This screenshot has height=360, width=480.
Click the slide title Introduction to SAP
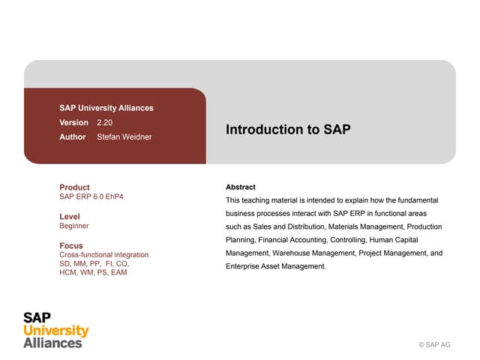pyautogui.click(x=288, y=129)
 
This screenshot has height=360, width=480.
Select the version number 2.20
pyautogui.click(x=105, y=122)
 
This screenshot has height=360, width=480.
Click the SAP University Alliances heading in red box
pyautogui.click(x=106, y=108)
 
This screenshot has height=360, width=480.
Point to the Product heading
pyautogui.click(x=74, y=187)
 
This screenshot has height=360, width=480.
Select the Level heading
pyautogui.click(x=70, y=217)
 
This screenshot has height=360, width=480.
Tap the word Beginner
pyautogui.click(x=74, y=226)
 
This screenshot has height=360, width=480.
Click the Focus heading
pyautogui.click(x=71, y=245)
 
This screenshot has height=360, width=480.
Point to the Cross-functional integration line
pyautogui.click(x=103, y=255)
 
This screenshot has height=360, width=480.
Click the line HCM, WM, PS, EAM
pyautogui.click(x=93, y=272)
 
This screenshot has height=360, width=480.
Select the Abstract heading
pyautogui.click(x=241, y=187)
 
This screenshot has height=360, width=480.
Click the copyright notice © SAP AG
pyautogui.click(x=434, y=345)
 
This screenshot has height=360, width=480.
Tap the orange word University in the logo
pyautogui.click(x=56, y=331)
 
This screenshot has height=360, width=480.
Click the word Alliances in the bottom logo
pyautogui.click(x=52, y=343)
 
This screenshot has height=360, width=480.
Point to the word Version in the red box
pyautogui.click(x=73, y=122)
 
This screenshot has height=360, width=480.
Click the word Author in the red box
pyautogui.click(x=72, y=137)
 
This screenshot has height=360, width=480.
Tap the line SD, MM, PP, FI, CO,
pyautogui.click(x=94, y=264)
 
